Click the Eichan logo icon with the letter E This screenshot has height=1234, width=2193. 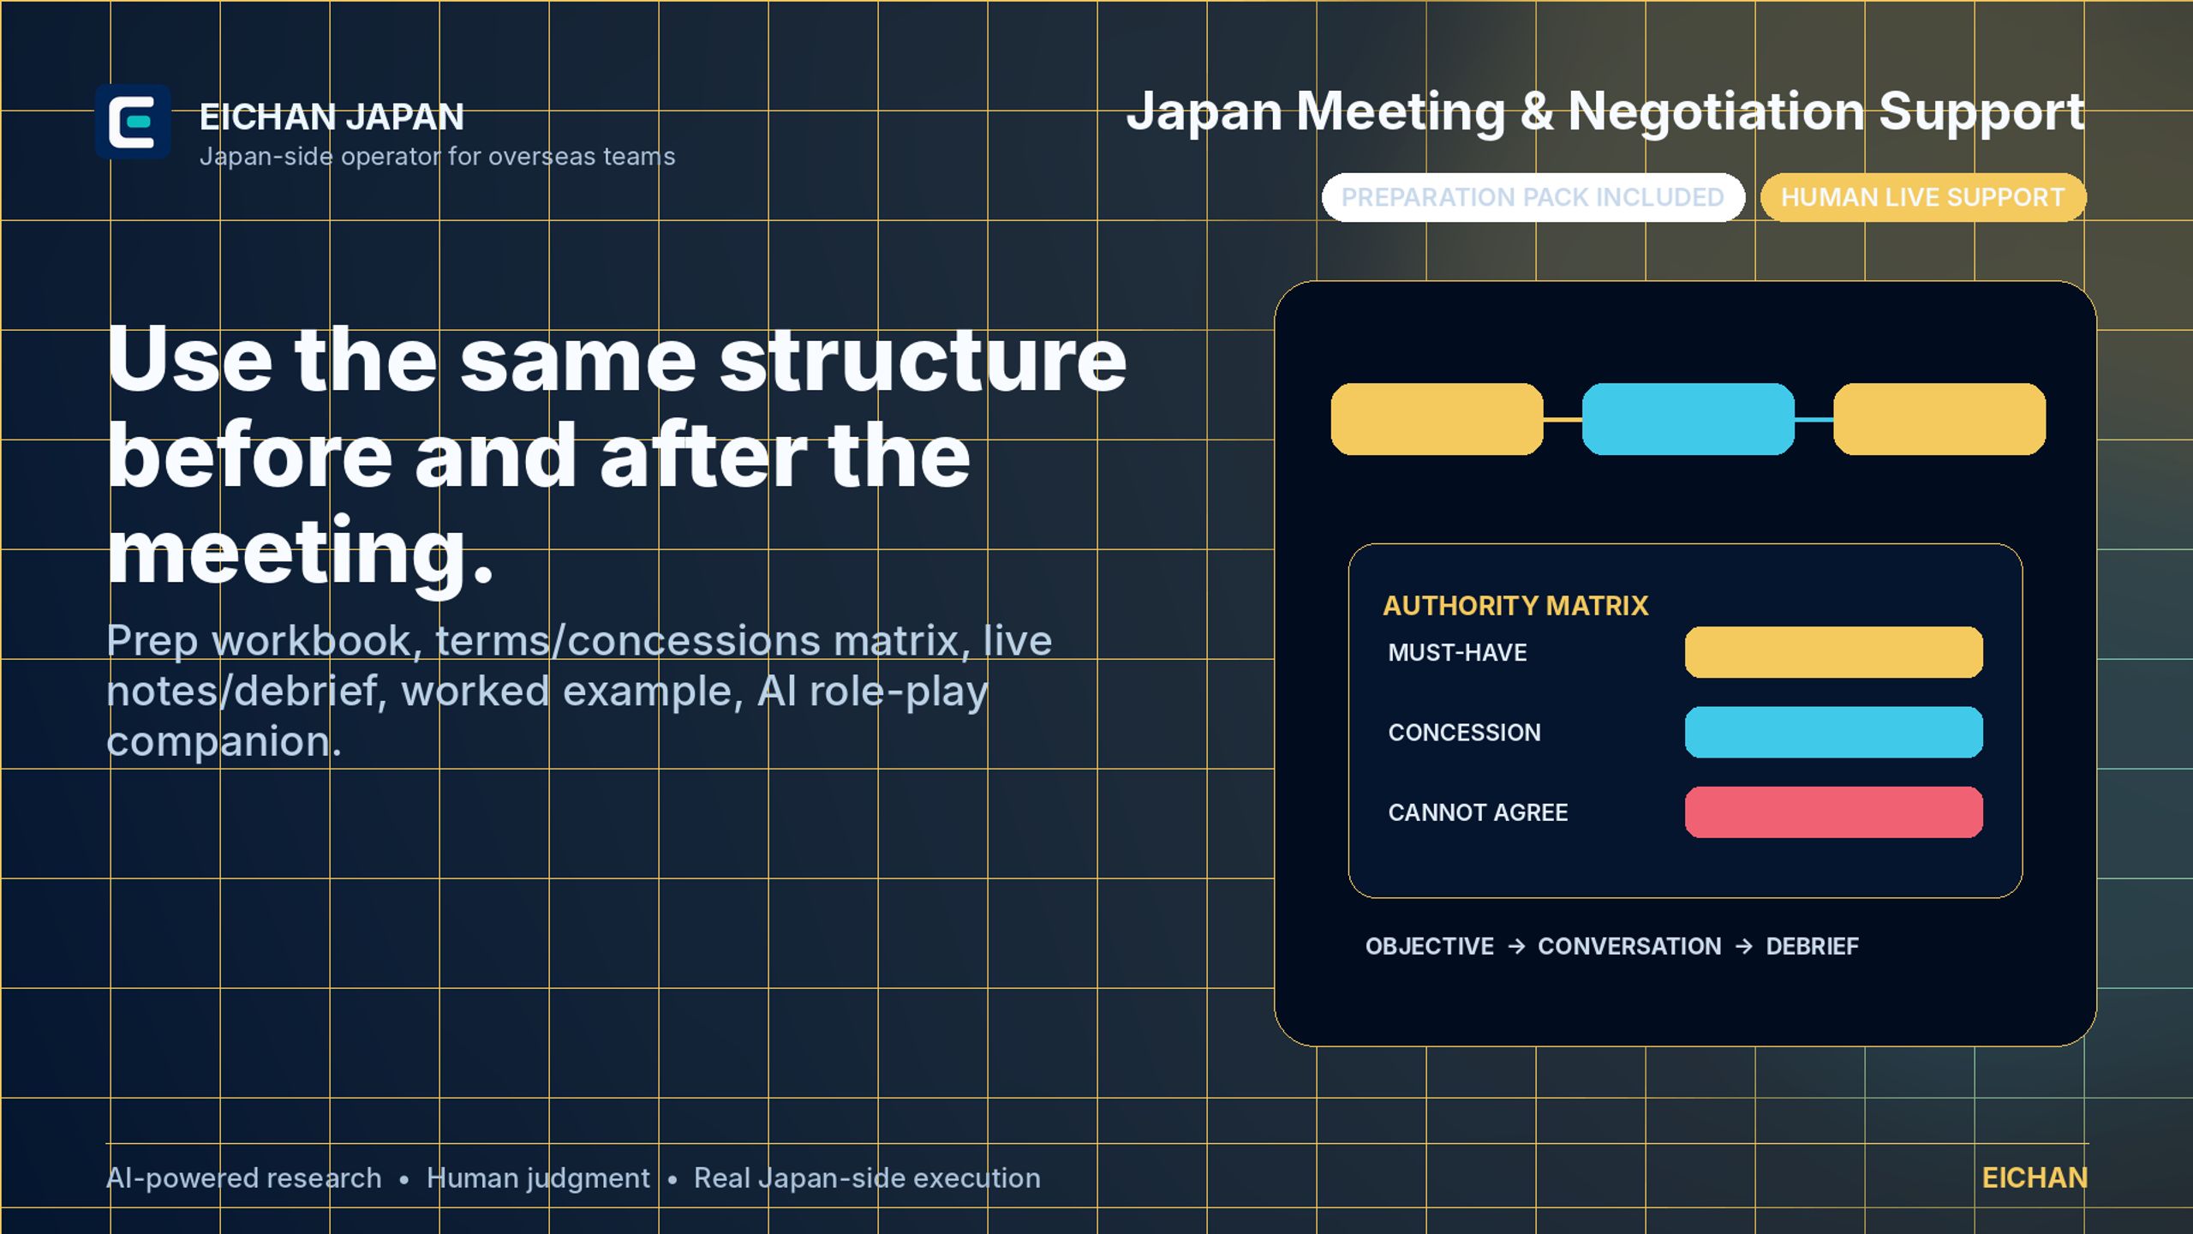point(133,122)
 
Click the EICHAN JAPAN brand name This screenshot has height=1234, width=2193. point(332,117)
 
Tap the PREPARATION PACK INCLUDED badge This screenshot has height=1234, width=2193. point(1533,197)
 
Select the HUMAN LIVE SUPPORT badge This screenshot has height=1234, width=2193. point(1923,197)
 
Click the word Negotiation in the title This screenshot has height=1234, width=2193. point(1716,111)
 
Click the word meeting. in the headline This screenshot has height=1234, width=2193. point(301,553)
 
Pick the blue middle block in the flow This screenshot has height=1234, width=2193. point(1688,419)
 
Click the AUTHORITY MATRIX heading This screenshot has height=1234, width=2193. point(1515,606)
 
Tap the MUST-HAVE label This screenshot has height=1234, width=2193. point(1457,652)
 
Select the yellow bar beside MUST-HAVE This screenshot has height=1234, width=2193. point(1833,652)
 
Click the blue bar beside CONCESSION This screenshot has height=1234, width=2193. point(1833,732)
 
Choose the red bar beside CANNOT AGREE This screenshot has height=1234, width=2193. point(1833,812)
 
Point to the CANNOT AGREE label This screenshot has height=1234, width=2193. point(1478,812)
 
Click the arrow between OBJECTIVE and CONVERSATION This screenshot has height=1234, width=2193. point(1516,946)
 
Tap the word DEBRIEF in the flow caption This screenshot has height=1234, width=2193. point(1812,946)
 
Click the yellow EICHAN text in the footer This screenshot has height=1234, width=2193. point(2035,1178)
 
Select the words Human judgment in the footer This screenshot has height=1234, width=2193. point(538,1179)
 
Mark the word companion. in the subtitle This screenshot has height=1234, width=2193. point(224,741)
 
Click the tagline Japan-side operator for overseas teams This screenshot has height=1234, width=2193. point(437,157)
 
